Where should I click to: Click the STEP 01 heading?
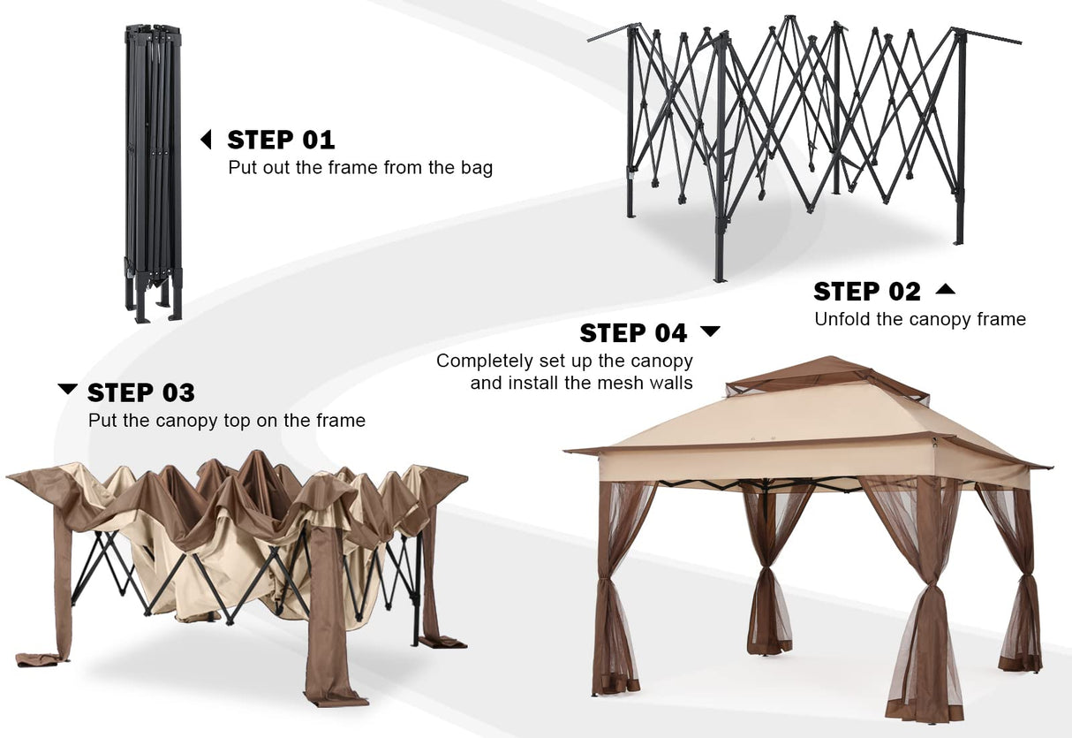(x=281, y=140)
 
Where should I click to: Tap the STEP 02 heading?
(x=866, y=291)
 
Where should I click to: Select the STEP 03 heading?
(x=141, y=392)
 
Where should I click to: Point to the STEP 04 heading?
(x=633, y=332)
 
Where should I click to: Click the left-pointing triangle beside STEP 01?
(x=207, y=140)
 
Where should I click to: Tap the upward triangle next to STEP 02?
(x=945, y=289)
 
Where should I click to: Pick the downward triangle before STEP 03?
(x=67, y=390)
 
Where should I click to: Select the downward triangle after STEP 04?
(x=710, y=331)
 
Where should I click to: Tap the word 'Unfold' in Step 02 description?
(x=842, y=319)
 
